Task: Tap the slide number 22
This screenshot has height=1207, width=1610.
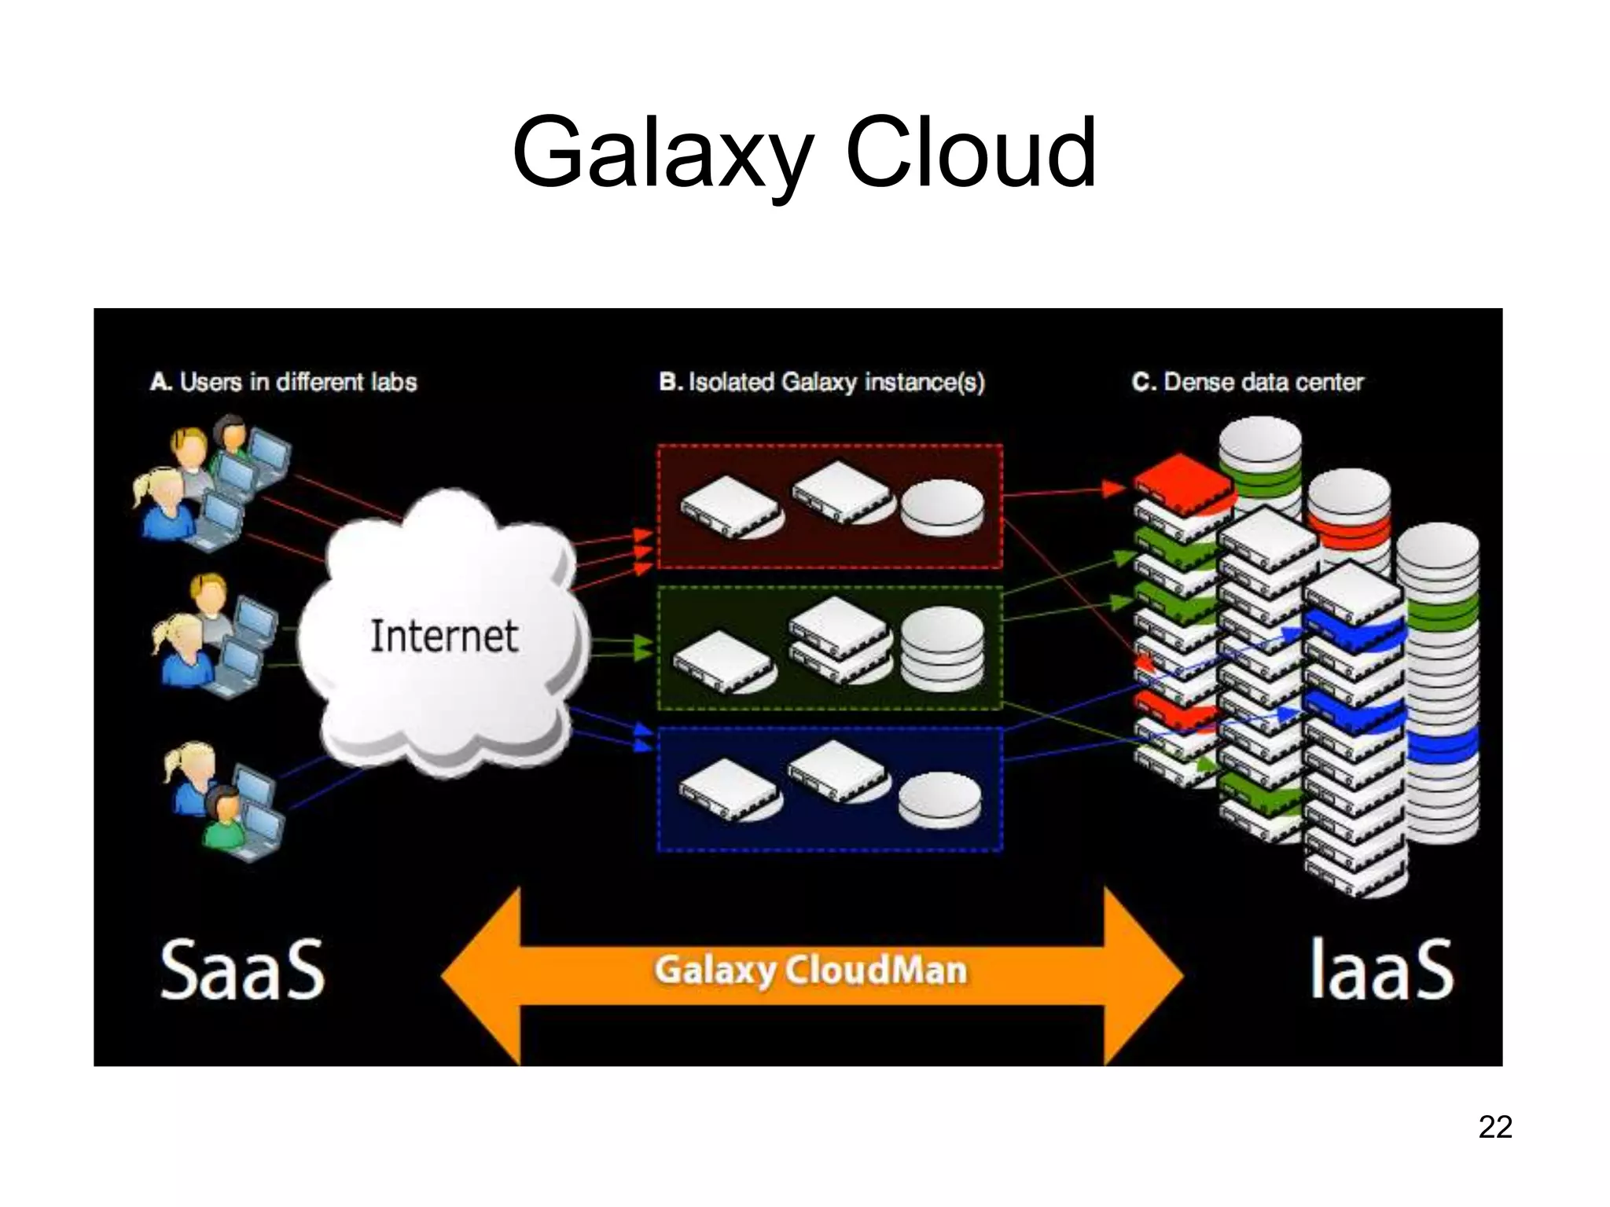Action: (1494, 1127)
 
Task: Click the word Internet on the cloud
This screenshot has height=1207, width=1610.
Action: (443, 637)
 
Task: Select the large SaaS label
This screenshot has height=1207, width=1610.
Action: (242, 970)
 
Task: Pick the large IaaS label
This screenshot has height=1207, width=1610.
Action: (1380, 970)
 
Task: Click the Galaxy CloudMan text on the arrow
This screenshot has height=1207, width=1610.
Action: (810, 970)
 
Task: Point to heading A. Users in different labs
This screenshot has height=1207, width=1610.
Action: (283, 382)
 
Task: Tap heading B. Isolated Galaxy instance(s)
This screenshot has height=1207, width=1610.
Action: (822, 382)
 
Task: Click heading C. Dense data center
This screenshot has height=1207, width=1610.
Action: (1247, 382)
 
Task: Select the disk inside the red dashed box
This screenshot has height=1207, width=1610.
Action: (941, 508)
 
